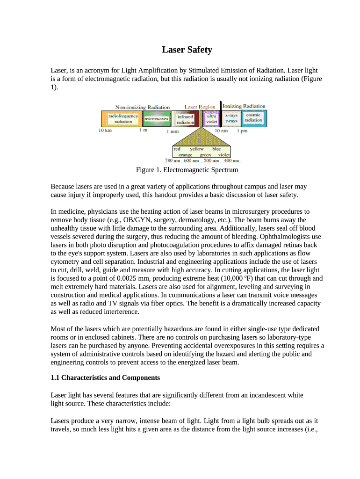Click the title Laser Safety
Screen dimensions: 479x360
point(187,50)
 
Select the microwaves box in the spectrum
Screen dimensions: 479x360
point(156,119)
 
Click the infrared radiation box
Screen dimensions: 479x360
point(185,119)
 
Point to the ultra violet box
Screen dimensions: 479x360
point(211,119)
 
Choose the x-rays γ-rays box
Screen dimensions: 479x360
point(231,118)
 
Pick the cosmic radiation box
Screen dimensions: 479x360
point(253,118)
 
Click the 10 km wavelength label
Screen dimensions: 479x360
point(105,131)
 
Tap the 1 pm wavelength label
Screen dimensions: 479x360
point(242,131)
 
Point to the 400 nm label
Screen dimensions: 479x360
point(225,160)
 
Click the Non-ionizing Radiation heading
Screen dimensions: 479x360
point(143,107)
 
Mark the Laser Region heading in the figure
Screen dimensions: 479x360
point(200,107)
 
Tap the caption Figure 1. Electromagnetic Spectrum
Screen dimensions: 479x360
point(187,170)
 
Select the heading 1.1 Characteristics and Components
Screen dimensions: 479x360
point(105,377)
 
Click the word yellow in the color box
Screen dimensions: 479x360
point(196,149)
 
